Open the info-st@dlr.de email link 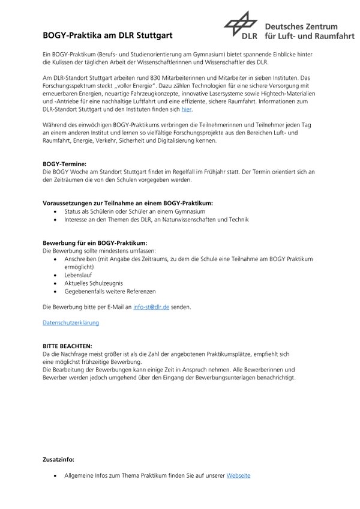pos(151,307)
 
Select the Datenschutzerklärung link pos(71,322)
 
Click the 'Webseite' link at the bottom pos(238,475)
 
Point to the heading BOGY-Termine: pos(65,163)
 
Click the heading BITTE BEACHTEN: pos(67,346)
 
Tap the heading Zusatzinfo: pos(59,460)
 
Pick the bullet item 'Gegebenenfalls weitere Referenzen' pos(110,291)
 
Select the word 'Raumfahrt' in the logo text pos(329,38)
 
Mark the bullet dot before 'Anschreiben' pos(56,258)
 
